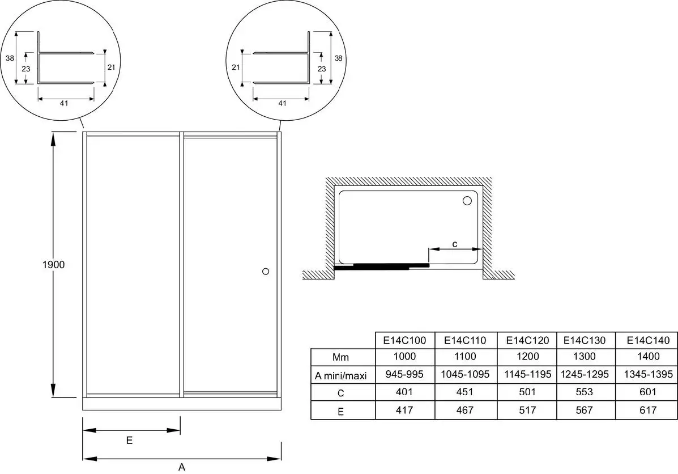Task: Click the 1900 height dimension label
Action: (53, 264)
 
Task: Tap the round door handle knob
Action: (266, 272)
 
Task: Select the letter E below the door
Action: (129, 441)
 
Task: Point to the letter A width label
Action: (182, 467)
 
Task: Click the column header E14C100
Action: (405, 340)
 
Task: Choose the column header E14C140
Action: (648, 340)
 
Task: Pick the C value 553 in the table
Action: (584, 392)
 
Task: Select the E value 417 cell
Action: (404, 410)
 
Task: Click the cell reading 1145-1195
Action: (527, 374)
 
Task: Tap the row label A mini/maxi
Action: (340, 376)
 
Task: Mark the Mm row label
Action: (340, 358)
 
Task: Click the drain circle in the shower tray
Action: (467, 200)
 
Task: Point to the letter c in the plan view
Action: (454, 244)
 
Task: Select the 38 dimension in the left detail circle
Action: (10, 58)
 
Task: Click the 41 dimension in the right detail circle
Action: (282, 103)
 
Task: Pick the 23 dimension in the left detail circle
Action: (26, 69)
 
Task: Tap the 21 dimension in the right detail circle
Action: (236, 67)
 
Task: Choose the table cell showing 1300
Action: (584, 356)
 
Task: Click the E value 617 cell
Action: (648, 410)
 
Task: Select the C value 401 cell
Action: (404, 392)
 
